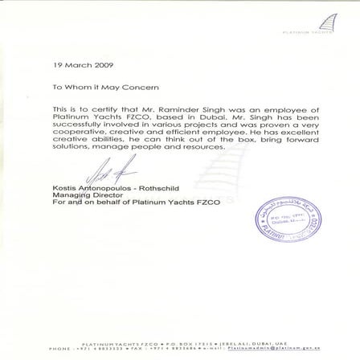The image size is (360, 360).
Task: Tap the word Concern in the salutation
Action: click(x=146, y=86)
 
